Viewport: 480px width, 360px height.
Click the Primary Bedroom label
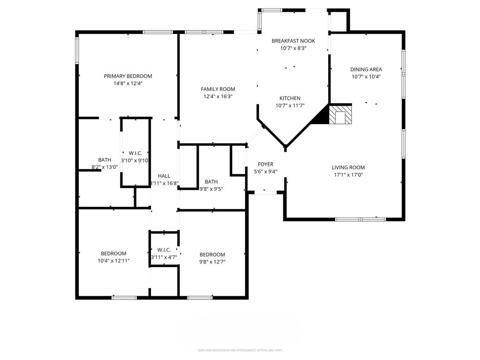coord(128,76)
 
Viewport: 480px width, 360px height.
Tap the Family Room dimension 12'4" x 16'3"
coord(218,96)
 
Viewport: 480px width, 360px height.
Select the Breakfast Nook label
coord(293,41)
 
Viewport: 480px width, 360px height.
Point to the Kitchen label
coord(290,98)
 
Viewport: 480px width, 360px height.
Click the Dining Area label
coord(366,69)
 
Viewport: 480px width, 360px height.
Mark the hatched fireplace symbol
coord(339,115)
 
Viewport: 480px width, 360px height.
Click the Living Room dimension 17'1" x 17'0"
coord(348,175)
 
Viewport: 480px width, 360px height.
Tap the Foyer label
coord(266,164)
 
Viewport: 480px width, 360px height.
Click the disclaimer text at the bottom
coord(240,350)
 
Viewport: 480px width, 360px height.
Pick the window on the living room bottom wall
coord(360,219)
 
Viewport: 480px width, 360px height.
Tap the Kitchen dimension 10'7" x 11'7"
coord(290,105)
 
